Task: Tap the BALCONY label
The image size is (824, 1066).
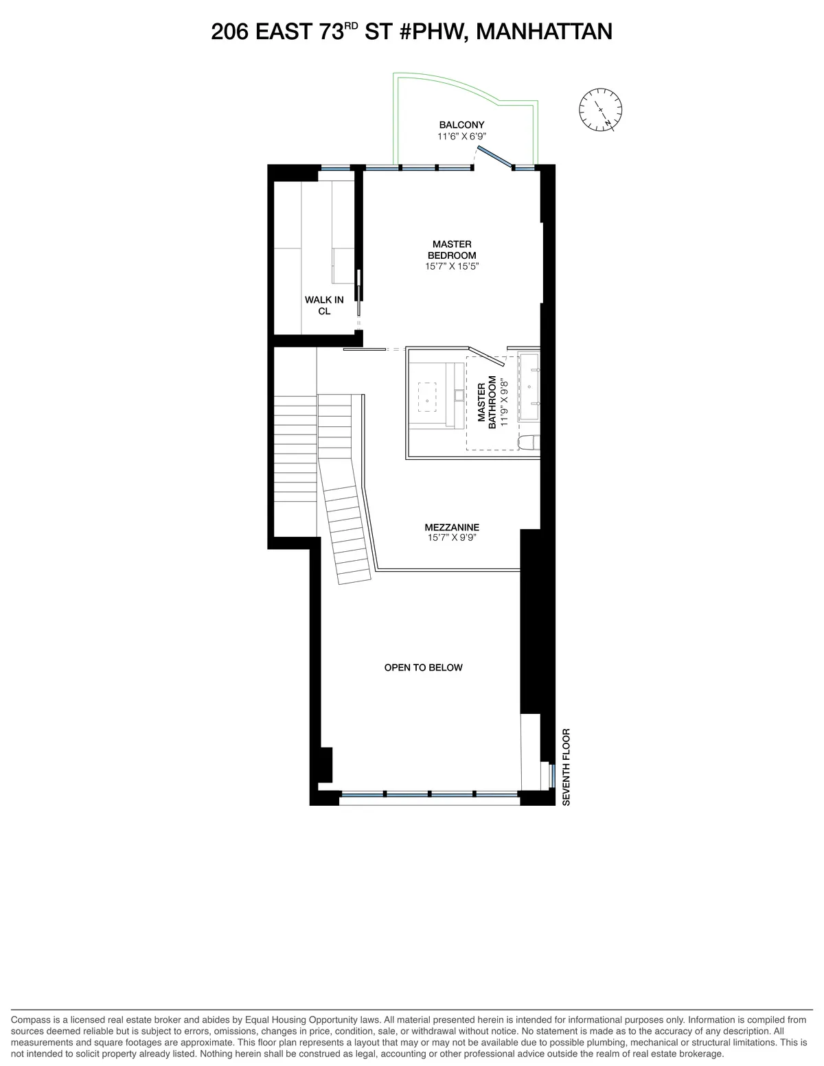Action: pos(461,125)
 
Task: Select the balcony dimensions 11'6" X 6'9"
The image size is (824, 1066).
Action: pos(461,137)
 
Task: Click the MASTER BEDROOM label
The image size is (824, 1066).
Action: pos(452,250)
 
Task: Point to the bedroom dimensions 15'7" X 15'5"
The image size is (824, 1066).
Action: pos(452,266)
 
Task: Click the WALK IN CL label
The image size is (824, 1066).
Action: pos(324,305)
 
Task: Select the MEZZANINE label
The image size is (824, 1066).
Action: pos(452,527)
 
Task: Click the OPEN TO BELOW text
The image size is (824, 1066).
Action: pos(423,667)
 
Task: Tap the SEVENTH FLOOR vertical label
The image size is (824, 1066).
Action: pos(566,767)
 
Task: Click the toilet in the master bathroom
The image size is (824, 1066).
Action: pos(529,443)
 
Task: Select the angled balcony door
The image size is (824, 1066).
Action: pos(495,157)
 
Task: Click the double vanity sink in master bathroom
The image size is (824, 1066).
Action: pos(529,386)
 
